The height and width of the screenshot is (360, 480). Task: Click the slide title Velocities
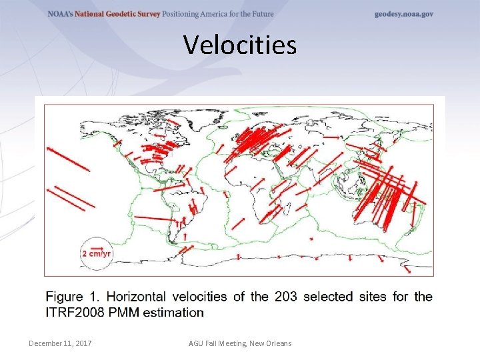pyautogui.click(x=240, y=45)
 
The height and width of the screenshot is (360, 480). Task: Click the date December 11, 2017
pyautogui.click(x=60, y=343)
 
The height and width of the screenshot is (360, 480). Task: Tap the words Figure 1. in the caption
pyautogui.click(x=73, y=297)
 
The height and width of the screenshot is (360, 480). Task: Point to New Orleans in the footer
pyautogui.click(x=269, y=343)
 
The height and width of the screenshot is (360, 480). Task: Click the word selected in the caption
pyautogui.click(x=327, y=297)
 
